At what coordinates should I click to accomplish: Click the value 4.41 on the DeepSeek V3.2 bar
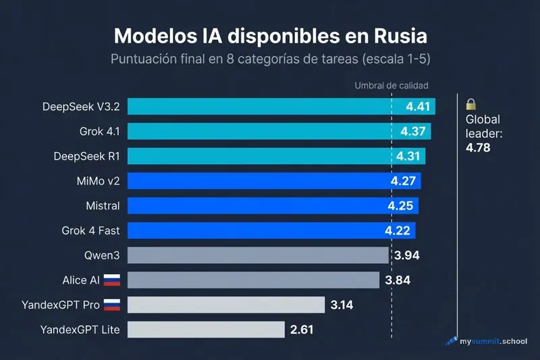click(x=418, y=107)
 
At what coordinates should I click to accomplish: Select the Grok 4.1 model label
click(x=99, y=131)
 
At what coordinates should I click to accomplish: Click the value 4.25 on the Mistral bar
click(x=402, y=205)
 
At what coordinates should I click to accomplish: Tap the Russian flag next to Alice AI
click(x=112, y=280)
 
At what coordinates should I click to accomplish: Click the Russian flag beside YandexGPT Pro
click(x=112, y=305)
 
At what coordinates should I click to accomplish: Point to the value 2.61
click(x=303, y=330)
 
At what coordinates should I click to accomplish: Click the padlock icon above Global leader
click(x=471, y=104)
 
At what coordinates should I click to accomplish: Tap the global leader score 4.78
click(x=478, y=147)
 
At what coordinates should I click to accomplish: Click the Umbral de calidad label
click(x=391, y=86)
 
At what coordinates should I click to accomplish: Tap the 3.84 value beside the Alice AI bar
click(x=398, y=280)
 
